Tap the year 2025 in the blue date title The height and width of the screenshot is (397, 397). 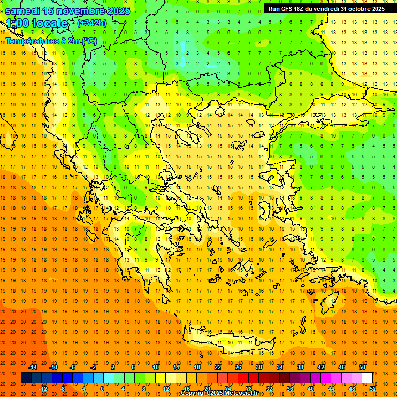click(118, 11)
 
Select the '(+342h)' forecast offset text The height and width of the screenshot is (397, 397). click(91, 23)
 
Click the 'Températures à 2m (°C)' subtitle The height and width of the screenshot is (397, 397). click(51, 41)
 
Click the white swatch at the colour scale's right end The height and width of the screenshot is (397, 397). click(367, 378)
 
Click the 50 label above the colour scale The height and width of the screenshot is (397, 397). click(362, 367)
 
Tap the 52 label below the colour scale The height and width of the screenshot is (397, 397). click(373, 389)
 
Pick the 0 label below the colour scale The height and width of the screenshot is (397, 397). click(102, 389)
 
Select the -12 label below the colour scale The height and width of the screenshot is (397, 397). click(43, 389)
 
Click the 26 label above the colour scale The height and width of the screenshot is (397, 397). click(238, 367)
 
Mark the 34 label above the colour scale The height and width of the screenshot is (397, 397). click(280, 367)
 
